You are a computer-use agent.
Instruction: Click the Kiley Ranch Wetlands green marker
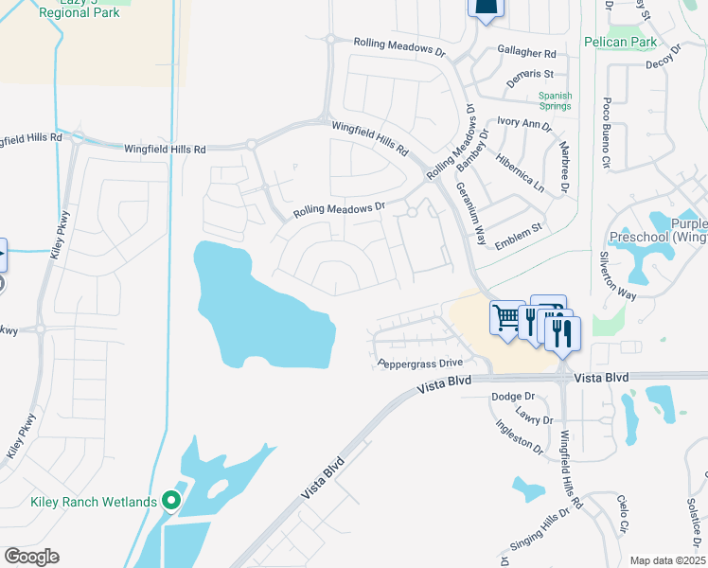[x=171, y=500]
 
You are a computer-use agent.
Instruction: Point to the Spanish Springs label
[x=555, y=100]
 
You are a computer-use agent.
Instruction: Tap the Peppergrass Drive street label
[x=419, y=363]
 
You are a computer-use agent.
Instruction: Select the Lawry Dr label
[x=535, y=414]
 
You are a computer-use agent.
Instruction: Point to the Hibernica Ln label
[x=525, y=171]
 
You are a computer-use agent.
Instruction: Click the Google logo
[x=31, y=557]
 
